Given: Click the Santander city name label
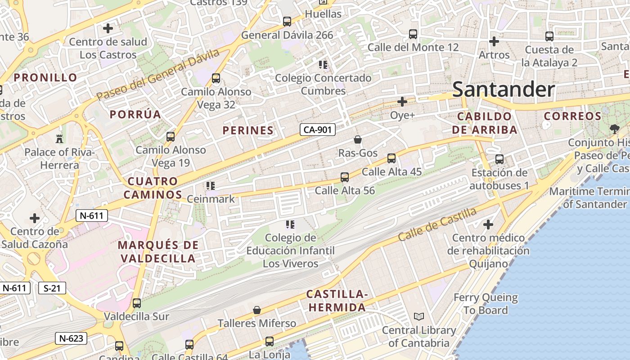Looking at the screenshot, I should (503, 89).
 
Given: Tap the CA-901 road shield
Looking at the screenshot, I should (318, 130).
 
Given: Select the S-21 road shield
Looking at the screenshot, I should (52, 288).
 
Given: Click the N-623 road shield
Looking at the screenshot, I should (71, 338).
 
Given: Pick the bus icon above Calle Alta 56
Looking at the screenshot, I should (345, 177).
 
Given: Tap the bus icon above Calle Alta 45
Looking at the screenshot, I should (391, 158).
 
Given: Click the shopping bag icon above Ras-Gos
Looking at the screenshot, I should (358, 139).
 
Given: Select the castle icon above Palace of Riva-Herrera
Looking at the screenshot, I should (59, 138).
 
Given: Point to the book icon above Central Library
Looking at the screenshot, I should (419, 317).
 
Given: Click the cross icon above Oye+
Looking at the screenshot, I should (402, 102).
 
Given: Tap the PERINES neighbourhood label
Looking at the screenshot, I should (248, 130).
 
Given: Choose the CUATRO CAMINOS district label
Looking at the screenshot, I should (153, 188).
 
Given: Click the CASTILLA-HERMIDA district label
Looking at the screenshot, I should (337, 301).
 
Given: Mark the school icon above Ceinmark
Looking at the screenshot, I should (211, 185).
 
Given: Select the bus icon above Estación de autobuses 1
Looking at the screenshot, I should (499, 159).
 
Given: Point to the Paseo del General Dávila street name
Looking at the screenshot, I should (157, 75).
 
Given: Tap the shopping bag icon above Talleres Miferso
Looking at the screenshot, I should (257, 310).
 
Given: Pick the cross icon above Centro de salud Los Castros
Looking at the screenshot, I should (108, 28).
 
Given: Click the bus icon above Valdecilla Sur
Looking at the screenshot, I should (137, 303).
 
